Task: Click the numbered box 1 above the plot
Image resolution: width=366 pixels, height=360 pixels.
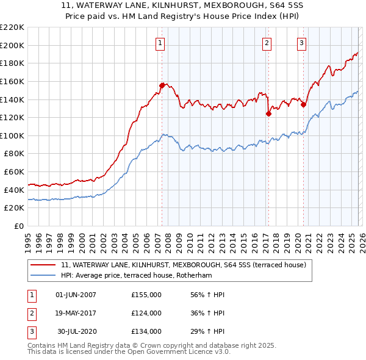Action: [160, 43]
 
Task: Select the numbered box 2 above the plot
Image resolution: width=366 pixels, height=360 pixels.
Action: [267, 43]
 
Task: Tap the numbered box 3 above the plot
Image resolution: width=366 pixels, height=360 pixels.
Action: [301, 43]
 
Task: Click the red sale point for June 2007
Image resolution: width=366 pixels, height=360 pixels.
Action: [162, 85]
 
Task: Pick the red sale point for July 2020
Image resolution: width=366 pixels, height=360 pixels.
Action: [303, 104]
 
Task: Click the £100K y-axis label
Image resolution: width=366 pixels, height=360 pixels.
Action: [12, 135]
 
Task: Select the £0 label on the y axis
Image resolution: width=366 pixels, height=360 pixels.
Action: [18, 226]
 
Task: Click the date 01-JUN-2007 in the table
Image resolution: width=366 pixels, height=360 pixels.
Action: [76, 295]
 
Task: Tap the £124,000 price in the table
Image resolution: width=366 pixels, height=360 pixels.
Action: [146, 313]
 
